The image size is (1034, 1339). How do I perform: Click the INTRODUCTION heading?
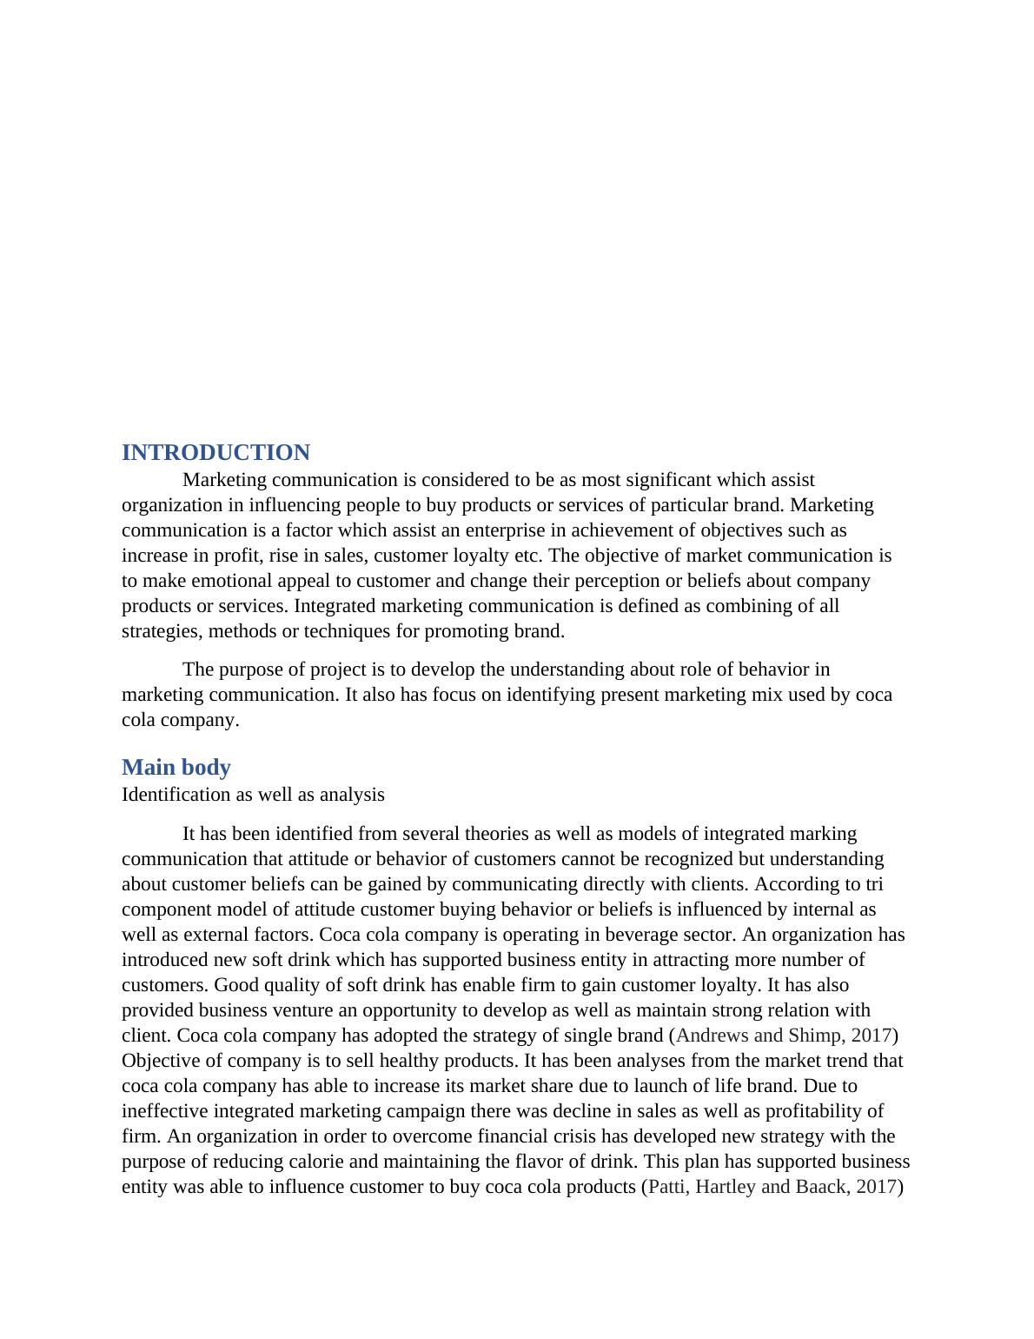tap(215, 453)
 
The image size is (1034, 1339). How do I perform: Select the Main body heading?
tap(176, 768)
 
